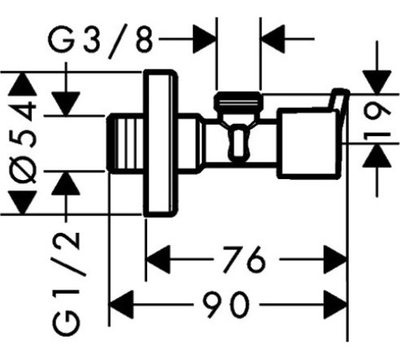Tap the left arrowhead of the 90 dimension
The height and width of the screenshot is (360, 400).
(x=121, y=304)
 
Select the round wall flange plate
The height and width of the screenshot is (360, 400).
(x=160, y=143)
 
